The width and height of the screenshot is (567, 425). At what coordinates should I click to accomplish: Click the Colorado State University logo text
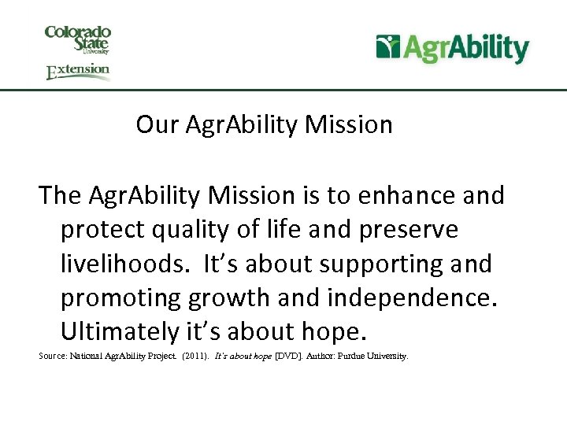point(78,39)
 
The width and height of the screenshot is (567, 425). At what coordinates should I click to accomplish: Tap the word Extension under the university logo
point(78,72)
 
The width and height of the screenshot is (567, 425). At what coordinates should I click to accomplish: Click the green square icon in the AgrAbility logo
point(388,47)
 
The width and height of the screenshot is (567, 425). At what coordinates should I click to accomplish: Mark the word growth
point(232,298)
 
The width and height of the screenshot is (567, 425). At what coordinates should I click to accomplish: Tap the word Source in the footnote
point(54,357)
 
